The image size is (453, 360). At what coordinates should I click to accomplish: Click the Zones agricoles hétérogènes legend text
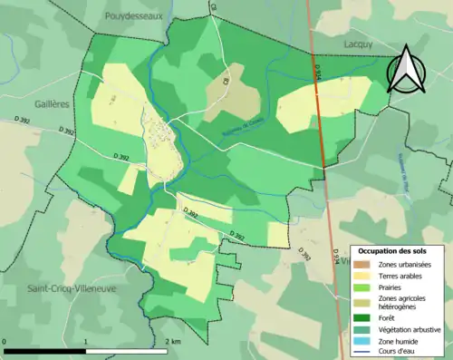tap(402, 302)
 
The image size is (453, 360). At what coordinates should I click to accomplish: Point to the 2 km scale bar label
tap(171, 341)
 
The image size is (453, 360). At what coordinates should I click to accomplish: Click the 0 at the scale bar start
tap(5, 341)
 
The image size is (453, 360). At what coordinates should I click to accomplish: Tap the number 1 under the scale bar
tap(85, 341)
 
